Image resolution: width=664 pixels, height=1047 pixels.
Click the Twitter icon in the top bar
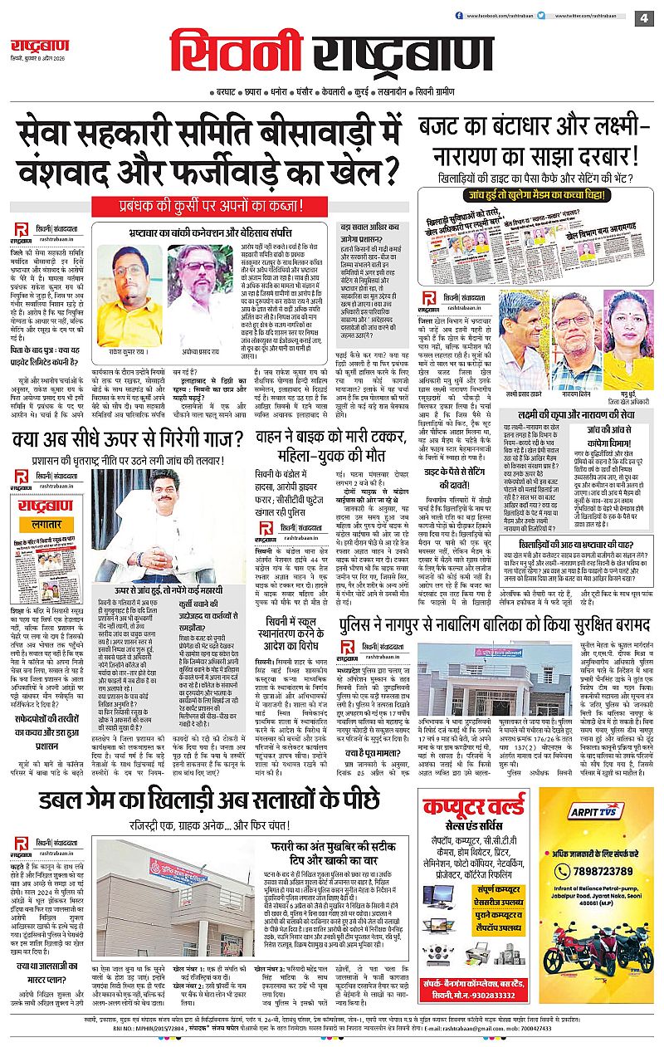tap(540, 15)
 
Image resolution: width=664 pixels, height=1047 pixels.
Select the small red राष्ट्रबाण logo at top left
tap(40, 46)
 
